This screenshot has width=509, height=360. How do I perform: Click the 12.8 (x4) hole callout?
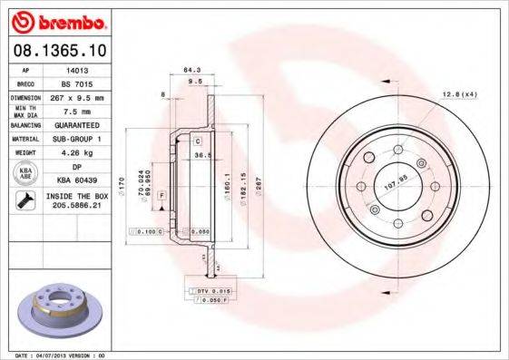(x=459, y=94)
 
